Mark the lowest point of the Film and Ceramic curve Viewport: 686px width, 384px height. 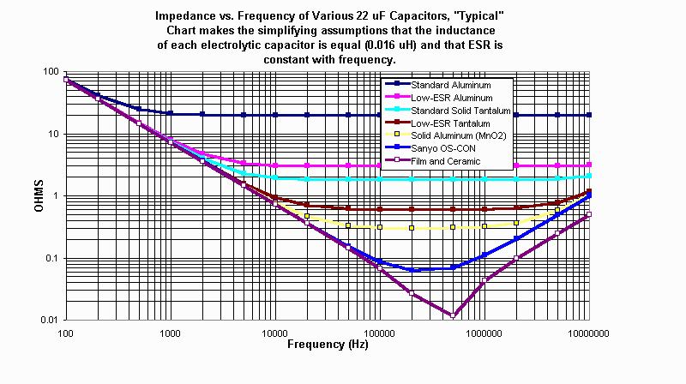pyautogui.click(x=453, y=315)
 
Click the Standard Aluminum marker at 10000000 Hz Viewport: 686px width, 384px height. pyautogui.click(x=588, y=114)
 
